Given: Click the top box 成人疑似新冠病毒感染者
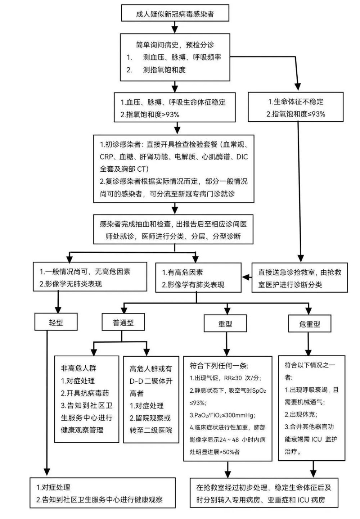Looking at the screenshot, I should (175, 14).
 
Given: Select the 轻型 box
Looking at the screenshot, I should (56, 322).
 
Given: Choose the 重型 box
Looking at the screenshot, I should (225, 324).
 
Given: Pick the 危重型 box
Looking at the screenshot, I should (310, 324).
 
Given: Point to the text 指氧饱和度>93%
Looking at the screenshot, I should (153, 115).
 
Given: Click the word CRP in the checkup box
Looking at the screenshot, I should (106, 157).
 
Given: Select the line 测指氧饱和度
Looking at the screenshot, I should (164, 70).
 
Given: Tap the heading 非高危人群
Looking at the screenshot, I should (78, 368).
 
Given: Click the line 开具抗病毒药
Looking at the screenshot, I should (85, 393).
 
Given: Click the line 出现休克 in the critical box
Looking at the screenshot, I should (301, 414).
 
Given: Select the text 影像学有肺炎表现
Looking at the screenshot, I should (193, 285).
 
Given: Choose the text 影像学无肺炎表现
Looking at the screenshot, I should (71, 284).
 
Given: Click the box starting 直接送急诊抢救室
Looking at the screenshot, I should (300, 278).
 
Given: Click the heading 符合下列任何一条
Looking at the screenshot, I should (219, 366).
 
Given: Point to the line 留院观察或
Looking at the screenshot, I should (150, 418).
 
